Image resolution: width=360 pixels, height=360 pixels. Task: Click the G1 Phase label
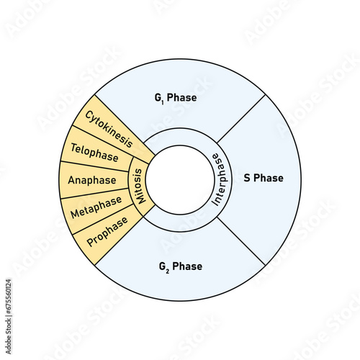pyautogui.click(x=176, y=98)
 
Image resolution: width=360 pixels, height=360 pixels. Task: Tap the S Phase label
pyautogui.click(x=264, y=178)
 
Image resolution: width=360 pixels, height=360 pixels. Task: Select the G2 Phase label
pyautogui.click(x=181, y=267)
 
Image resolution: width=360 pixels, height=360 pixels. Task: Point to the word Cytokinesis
pyautogui.click(x=109, y=130)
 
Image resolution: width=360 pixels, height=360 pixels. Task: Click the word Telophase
pyautogui.click(x=94, y=153)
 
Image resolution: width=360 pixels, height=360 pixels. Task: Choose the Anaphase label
pyautogui.click(x=92, y=180)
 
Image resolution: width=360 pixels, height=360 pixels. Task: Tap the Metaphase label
pyautogui.click(x=96, y=207)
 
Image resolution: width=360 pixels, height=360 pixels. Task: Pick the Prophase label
pyautogui.click(x=107, y=232)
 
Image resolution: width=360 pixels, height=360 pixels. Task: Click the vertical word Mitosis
pyautogui.click(x=138, y=186)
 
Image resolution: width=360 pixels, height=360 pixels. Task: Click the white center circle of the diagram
pyautogui.click(x=180, y=180)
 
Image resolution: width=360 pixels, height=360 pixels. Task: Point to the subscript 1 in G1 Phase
pyautogui.click(x=163, y=102)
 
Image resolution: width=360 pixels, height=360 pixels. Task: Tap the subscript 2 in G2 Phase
pyautogui.click(x=167, y=271)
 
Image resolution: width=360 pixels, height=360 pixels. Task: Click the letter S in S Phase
pyautogui.click(x=247, y=178)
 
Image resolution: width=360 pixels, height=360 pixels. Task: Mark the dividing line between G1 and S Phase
pyautogui.click(x=241, y=119)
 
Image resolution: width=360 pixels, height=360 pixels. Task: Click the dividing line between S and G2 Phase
pyautogui.click(x=241, y=241)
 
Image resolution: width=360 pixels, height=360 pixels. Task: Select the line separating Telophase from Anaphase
pyautogui.click(x=94, y=166)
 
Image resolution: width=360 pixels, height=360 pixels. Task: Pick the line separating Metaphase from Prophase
pyautogui.click(x=103, y=219)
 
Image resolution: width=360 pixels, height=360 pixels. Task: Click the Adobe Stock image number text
pyautogui.click(x=9, y=316)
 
